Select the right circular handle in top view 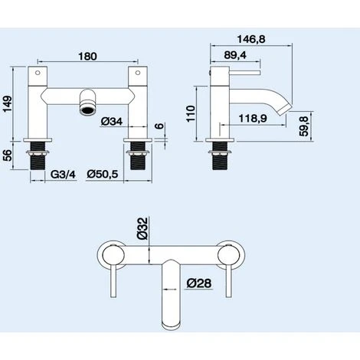pos(227,254)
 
